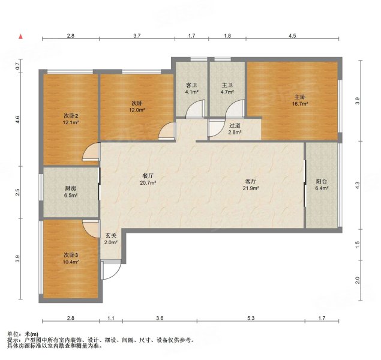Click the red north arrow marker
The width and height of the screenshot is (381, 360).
pyautogui.click(x=21, y=37)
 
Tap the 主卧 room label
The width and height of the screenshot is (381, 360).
pyautogui.click(x=300, y=97)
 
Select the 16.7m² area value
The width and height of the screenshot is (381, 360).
pyautogui.click(x=300, y=104)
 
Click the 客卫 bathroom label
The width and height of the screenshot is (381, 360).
pyautogui.click(x=191, y=85)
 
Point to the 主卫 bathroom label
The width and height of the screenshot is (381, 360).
pyautogui.click(x=227, y=85)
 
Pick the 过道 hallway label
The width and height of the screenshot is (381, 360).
pyautogui.click(x=235, y=125)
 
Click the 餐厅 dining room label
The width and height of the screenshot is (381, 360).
pyautogui.click(x=148, y=176)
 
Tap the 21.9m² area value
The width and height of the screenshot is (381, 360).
pyautogui.click(x=251, y=188)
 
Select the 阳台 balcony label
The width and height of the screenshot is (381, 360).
pyautogui.click(x=322, y=181)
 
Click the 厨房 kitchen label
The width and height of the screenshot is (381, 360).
pyautogui.click(x=71, y=188)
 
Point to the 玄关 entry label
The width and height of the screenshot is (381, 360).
pyautogui.click(x=111, y=235)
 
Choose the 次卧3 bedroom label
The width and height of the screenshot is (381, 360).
pyautogui.click(x=71, y=255)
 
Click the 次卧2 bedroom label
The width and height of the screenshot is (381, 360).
pyautogui.click(x=71, y=115)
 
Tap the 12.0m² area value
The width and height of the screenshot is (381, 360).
pyautogui.click(x=137, y=110)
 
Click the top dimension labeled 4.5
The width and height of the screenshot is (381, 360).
pyautogui.click(x=292, y=36)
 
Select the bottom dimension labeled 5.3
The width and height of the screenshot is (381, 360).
pyautogui.click(x=251, y=318)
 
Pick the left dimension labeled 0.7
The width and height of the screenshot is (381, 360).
pyautogui.click(x=17, y=66)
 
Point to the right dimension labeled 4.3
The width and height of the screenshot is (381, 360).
pyautogui.click(x=357, y=185)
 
